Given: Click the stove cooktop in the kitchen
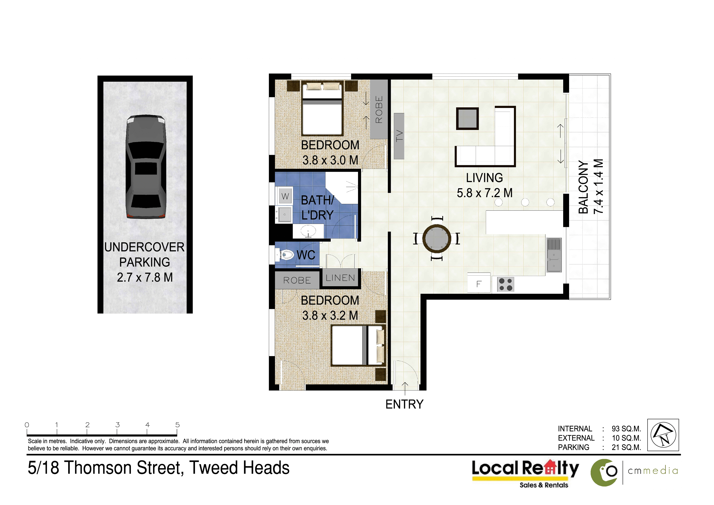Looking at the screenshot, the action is pos(505,284).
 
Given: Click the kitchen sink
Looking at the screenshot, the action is pos(554,255).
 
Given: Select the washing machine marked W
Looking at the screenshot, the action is pos(285,196).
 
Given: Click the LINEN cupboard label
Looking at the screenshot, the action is pos(340,278).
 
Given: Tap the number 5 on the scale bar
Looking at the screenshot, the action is pos(177,425).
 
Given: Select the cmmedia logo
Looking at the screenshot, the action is pos(634,472).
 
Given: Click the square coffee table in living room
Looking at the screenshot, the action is pos(467,119).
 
